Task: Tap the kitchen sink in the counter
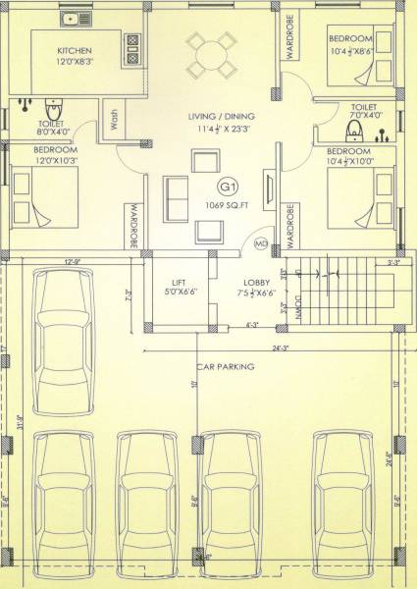[x=70, y=19]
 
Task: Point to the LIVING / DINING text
[x=219, y=117]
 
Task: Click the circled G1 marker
[x=229, y=187]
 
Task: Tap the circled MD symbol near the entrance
[x=261, y=242]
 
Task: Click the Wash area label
[x=116, y=122]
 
